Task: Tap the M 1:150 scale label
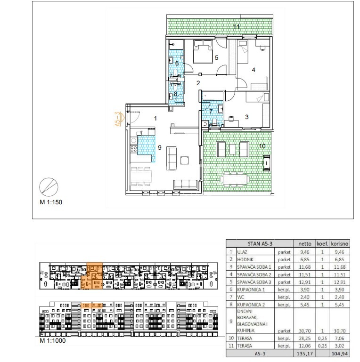point(51,202)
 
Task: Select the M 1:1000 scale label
point(53,340)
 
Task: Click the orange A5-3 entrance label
point(118,119)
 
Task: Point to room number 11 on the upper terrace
point(236,26)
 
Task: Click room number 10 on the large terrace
point(262,146)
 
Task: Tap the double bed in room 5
point(203,51)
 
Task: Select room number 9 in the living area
point(160,147)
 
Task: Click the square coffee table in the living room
point(184,160)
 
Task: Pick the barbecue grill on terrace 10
point(266,163)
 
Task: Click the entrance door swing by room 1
point(133,117)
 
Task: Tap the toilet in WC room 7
point(214,122)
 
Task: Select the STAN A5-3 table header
point(260,243)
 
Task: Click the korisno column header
point(339,243)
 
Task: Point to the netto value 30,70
point(304,331)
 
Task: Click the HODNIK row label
point(245,259)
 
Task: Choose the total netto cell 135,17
point(304,354)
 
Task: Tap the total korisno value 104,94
point(339,354)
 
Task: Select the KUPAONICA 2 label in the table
point(251,305)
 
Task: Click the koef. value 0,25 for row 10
point(322,338)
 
